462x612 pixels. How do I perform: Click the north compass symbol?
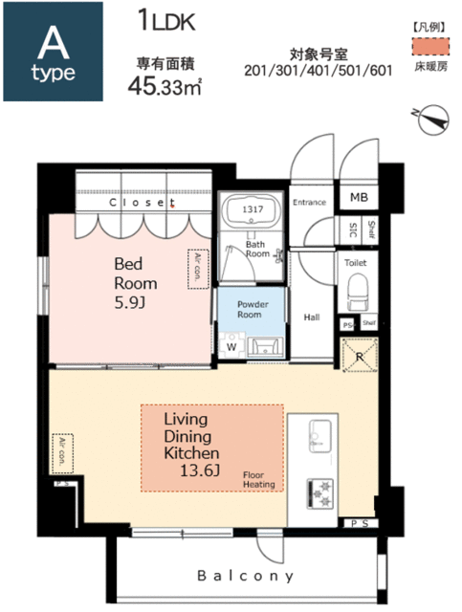click(432, 120)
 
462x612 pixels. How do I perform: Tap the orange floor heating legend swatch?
click(430, 47)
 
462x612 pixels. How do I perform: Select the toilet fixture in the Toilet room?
click(357, 292)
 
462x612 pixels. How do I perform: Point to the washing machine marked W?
click(232, 345)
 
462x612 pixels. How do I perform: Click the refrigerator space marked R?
click(360, 355)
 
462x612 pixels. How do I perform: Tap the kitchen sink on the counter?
click(320, 436)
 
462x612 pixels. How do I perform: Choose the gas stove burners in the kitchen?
click(320, 493)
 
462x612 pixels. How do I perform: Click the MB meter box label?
click(359, 198)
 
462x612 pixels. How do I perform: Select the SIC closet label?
click(353, 229)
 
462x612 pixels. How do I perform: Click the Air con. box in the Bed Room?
click(198, 270)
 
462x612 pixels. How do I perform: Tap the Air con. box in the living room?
click(62, 453)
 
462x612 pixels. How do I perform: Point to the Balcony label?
click(246, 576)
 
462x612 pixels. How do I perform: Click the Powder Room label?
click(252, 309)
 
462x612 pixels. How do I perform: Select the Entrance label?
click(309, 202)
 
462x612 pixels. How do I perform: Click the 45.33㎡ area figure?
click(165, 86)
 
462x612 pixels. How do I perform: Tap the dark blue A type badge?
click(54, 52)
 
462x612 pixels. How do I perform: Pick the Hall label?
click(312, 317)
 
